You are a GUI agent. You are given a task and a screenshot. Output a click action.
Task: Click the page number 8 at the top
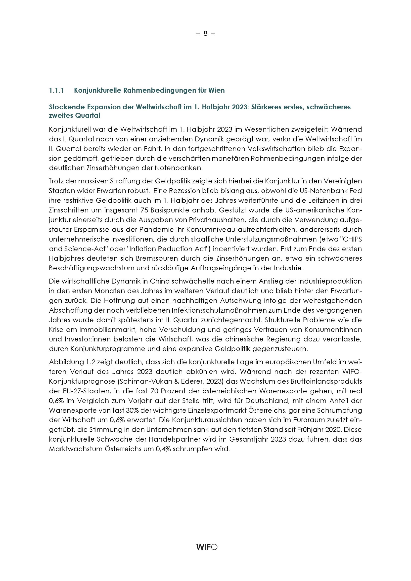coord(205,33)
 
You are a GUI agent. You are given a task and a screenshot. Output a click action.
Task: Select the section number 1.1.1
coord(56,90)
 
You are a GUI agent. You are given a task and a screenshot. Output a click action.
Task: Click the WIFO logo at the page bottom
coord(207,547)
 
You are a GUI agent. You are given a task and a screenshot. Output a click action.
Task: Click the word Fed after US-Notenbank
coord(356,191)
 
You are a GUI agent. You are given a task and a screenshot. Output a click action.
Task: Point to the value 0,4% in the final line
coord(163,449)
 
